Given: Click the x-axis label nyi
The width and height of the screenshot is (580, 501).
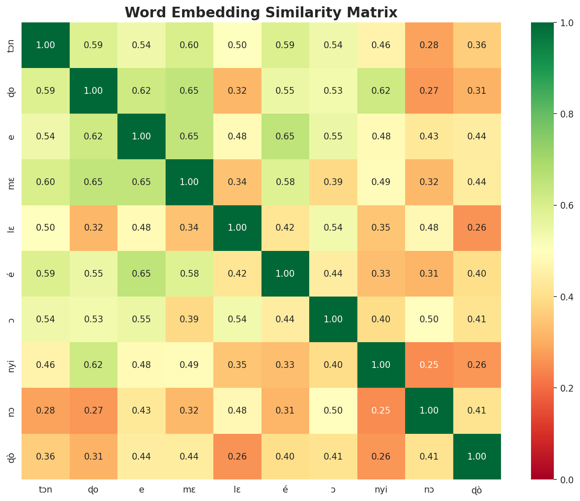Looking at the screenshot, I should pyautogui.click(x=381, y=490).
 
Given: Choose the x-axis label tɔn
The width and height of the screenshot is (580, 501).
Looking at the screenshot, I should pyautogui.click(x=46, y=490).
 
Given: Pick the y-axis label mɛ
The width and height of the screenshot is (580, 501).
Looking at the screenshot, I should pyautogui.click(x=11, y=182).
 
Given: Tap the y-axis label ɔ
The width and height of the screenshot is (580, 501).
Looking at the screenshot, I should pyautogui.click(x=11, y=319).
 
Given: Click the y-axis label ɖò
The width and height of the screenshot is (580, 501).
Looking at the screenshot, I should pyautogui.click(x=11, y=457).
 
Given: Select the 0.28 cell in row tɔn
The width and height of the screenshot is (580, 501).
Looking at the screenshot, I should pyautogui.click(x=429, y=45).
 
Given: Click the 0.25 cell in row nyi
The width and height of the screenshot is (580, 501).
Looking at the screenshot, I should pyautogui.click(x=429, y=365).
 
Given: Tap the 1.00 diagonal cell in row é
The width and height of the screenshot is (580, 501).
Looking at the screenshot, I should pyautogui.click(x=286, y=274).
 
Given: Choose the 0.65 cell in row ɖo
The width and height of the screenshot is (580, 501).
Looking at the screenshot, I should pyautogui.click(x=190, y=91).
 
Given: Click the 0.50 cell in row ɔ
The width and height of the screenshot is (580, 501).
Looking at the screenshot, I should pyautogui.click(x=429, y=319).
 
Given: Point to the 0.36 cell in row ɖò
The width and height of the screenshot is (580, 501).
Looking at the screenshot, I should pyautogui.click(x=46, y=457).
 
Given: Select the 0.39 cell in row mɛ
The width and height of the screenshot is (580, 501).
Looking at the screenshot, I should pyautogui.click(x=333, y=182).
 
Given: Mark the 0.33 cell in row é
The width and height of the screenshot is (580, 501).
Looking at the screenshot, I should pyautogui.click(x=381, y=274).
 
